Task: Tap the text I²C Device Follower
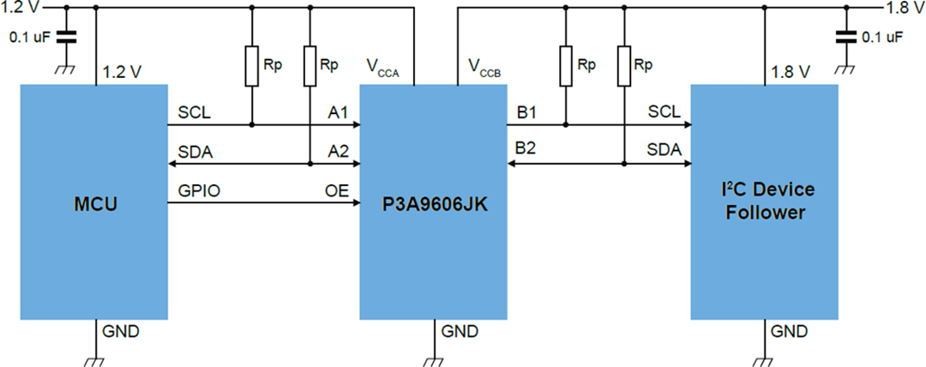pos(766,200)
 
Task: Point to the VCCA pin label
pos(384,68)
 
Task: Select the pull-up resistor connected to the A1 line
pos(251,67)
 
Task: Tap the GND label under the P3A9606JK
pos(455,332)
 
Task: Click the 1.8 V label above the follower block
pos(791,72)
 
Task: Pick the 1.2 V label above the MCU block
pos(122,72)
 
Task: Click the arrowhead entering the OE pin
pos(354,203)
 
